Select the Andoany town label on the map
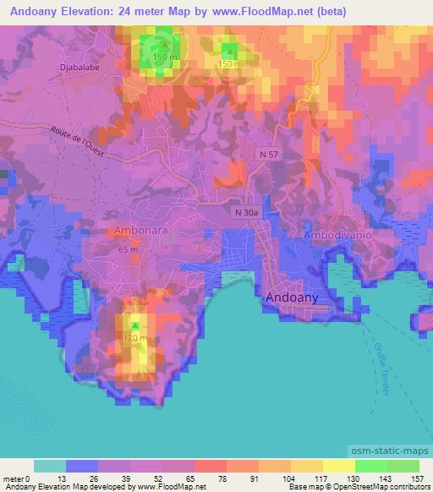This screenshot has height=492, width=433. [293, 298]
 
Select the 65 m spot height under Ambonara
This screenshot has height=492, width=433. [129, 249]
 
